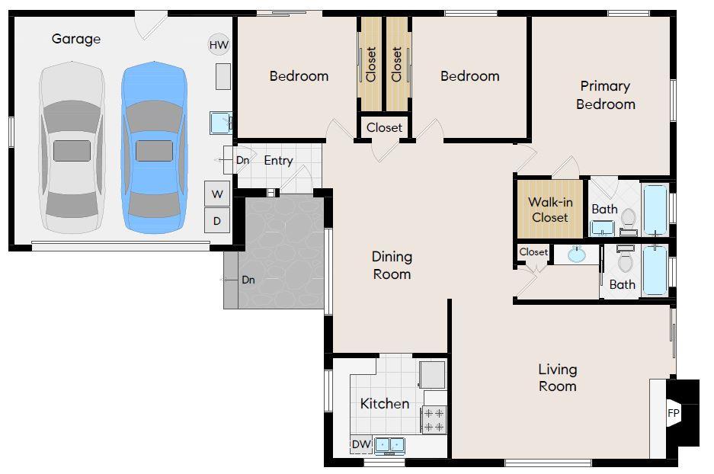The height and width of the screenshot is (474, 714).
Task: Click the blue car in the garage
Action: [x=154, y=148]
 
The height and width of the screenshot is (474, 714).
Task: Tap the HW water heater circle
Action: [x=219, y=45]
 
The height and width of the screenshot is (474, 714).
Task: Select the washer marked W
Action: [x=217, y=194]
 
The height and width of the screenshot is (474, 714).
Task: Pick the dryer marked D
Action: [x=217, y=221]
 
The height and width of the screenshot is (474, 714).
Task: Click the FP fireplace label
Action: [x=674, y=413]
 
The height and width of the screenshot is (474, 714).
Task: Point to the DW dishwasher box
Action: [x=361, y=444]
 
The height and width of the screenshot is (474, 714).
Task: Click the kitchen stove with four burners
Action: [x=434, y=420]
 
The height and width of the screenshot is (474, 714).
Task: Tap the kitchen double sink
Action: [x=390, y=445]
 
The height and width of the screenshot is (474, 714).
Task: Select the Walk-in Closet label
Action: [x=550, y=210]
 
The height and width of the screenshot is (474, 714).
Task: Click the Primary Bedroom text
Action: [x=605, y=94]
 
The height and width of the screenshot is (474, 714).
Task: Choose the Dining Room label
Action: [x=392, y=265]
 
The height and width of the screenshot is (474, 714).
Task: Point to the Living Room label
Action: [x=558, y=377]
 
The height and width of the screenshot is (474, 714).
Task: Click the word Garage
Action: [x=76, y=39]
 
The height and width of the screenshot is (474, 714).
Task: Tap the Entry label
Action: [x=278, y=160]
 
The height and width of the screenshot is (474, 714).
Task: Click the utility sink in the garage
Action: [x=221, y=123]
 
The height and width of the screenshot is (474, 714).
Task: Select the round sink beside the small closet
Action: [x=577, y=255]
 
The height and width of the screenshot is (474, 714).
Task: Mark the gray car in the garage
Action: [x=72, y=148]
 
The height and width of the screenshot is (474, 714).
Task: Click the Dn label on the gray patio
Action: [x=248, y=280]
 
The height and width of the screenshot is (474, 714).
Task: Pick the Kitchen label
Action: [x=385, y=403]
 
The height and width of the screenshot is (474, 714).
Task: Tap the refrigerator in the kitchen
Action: [x=432, y=374]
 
